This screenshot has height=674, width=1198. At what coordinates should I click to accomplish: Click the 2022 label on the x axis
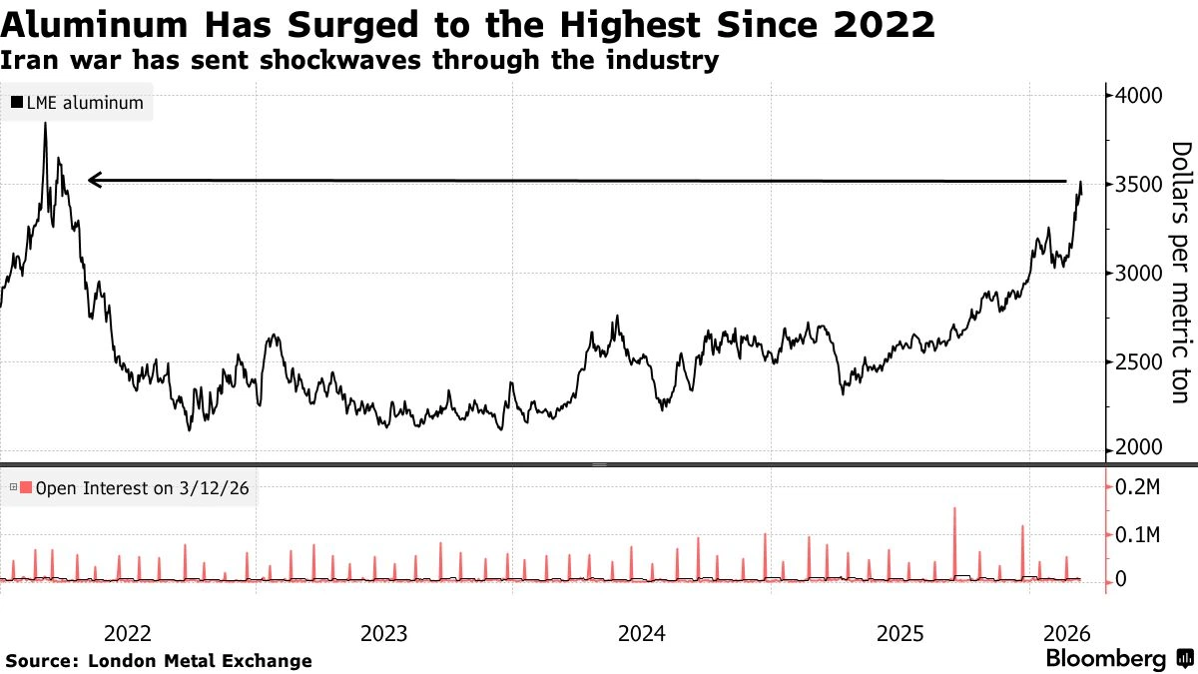point(128,633)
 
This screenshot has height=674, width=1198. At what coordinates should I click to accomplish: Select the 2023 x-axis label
point(384,633)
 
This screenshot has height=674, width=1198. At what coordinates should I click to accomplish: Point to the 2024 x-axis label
point(643,633)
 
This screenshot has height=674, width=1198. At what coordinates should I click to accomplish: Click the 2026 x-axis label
point(1066,633)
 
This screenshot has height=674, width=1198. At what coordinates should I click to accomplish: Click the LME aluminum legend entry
point(77,103)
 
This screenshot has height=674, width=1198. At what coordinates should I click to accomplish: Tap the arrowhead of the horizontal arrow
point(92,180)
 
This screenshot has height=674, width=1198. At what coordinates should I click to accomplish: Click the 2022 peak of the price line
point(45,124)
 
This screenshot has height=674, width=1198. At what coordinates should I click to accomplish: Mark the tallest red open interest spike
point(954,509)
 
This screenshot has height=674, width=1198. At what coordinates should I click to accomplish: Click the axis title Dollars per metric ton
point(1181,272)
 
